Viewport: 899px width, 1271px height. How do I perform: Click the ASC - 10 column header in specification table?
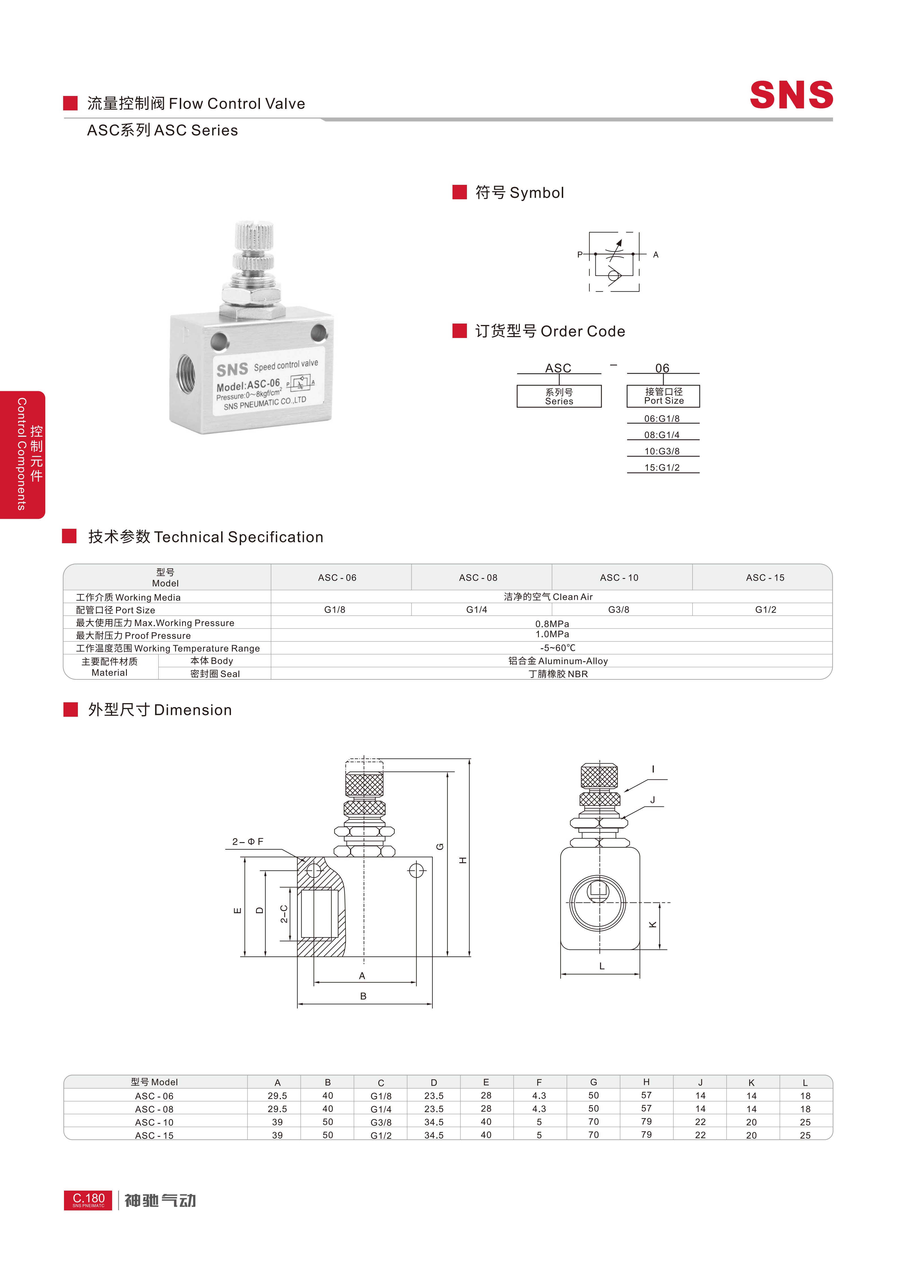619,577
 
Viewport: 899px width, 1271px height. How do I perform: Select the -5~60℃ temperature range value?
558,648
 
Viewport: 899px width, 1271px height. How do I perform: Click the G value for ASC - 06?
593,1095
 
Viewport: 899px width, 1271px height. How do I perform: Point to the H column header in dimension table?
646,1082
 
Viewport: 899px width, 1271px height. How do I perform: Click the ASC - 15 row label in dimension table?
154,1135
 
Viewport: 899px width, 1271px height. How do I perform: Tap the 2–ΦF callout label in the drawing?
247,841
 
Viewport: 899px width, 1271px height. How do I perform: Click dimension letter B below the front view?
363,996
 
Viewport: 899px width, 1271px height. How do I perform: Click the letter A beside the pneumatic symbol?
655,255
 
